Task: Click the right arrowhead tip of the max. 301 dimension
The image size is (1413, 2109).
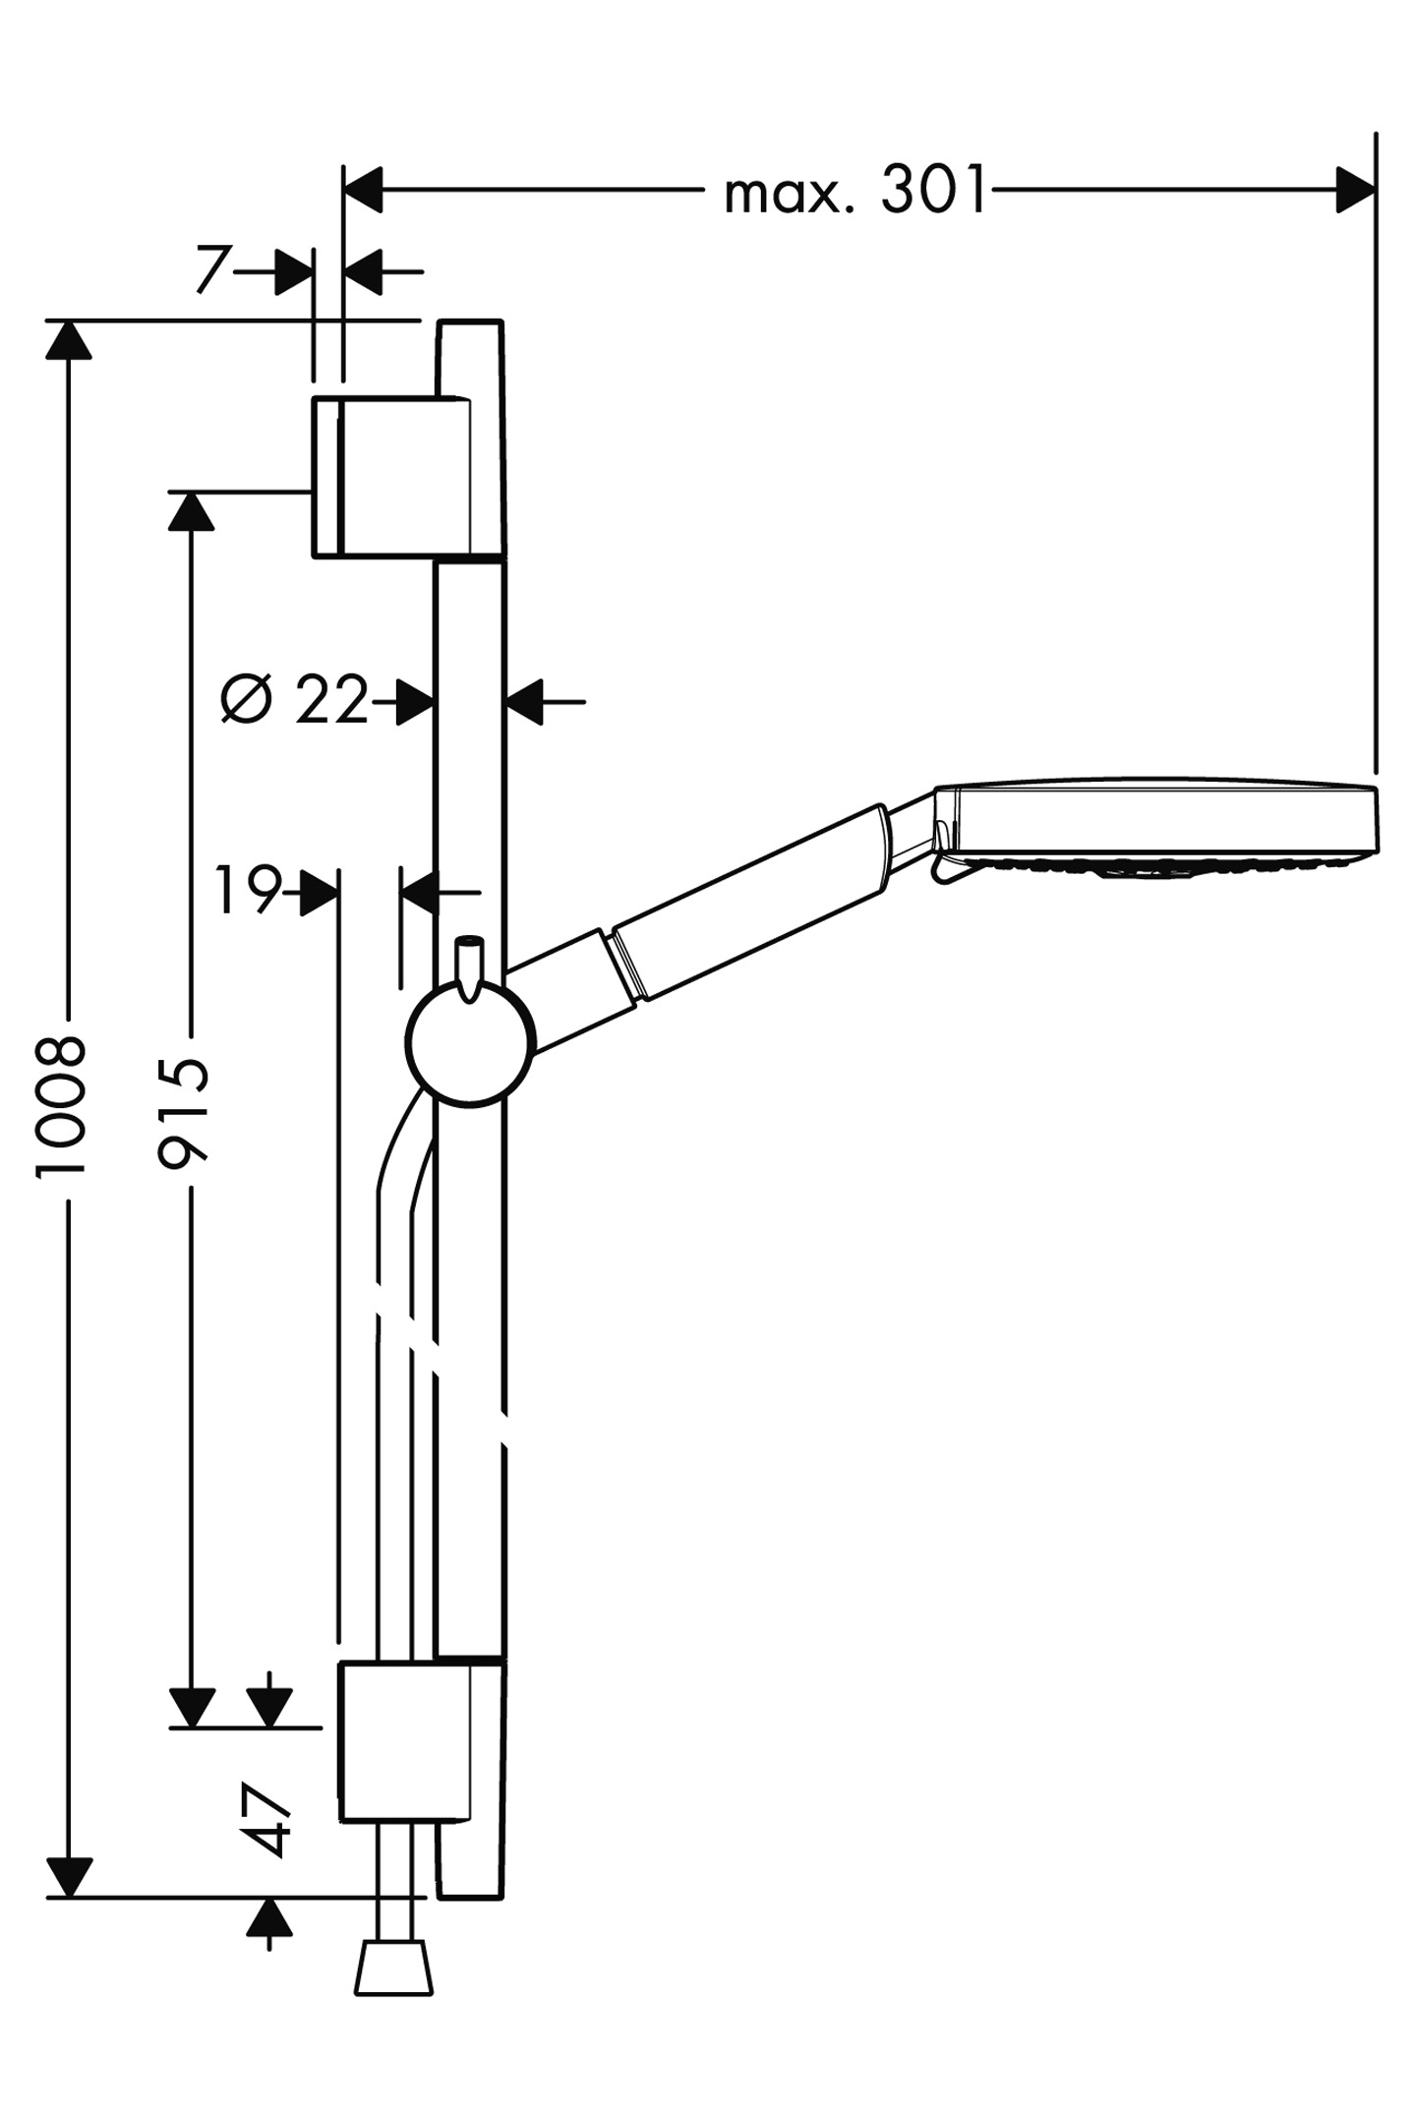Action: tap(1375, 189)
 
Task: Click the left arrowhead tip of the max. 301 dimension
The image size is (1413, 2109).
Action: tap(343, 189)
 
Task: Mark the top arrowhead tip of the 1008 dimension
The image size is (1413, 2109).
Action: tap(69, 321)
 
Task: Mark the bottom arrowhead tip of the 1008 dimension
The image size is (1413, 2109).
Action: tap(69, 1897)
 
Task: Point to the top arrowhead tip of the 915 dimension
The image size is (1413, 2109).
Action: tap(191, 492)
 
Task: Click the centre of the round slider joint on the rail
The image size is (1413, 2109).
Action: tap(471, 1043)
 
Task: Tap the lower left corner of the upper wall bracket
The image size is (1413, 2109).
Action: tap(314, 557)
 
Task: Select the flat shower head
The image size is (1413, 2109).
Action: tap(1155, 830)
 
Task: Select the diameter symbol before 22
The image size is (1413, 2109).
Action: tap(246, 699)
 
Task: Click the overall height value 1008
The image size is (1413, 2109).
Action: tap(61, 1104)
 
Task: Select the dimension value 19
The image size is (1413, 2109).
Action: tap(248, 890)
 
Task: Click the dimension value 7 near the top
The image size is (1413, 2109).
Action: tap(212, 270)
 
